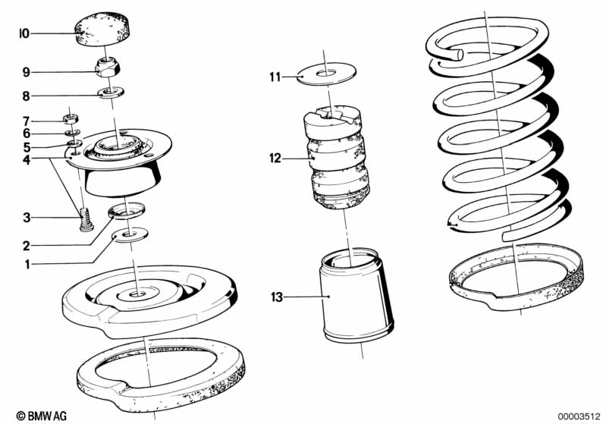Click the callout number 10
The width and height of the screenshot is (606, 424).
point(25,33)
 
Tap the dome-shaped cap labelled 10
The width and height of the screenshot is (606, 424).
point(103,29)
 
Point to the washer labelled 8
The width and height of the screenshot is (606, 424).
point(111,93)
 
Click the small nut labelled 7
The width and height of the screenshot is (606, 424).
point(71,118)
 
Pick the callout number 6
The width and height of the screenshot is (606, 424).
point(26,133)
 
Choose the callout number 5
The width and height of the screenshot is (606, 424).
point(26,147)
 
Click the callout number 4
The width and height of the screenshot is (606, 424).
point(26,159)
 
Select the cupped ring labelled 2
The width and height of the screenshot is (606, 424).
point(127,211)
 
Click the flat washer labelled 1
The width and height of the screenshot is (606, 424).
point(130,235)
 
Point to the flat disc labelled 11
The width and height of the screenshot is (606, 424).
point(327,74)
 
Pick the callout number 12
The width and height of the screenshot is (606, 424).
point(275,159)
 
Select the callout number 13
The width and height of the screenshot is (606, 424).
point(277,297)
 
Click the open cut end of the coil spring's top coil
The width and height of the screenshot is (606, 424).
point(460,55)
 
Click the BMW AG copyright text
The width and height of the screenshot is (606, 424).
point(42,416)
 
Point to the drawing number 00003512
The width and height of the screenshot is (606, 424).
point(579,416)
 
